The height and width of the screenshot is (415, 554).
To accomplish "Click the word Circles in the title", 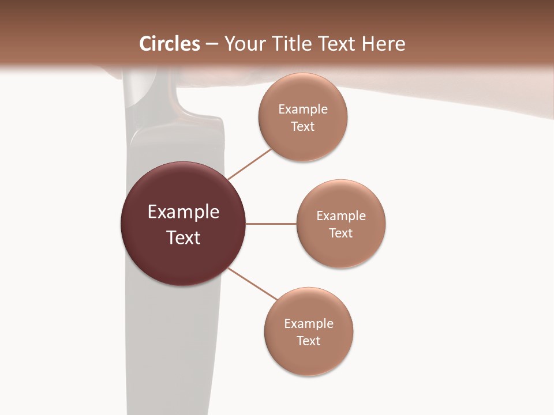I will [169, 44].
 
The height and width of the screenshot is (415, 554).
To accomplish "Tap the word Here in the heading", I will [383, 44].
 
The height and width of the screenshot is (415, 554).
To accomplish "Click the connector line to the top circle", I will [249, 164].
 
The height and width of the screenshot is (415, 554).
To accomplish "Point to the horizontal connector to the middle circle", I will [271, 224].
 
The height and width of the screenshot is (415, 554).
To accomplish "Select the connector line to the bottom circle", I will [253, 284].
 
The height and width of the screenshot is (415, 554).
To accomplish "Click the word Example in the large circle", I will [184, 212].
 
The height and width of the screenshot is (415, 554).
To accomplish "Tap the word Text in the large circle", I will [184, 237].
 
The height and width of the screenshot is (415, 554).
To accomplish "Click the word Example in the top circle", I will [303, 109].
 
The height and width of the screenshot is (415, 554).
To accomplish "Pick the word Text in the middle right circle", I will [340, 233].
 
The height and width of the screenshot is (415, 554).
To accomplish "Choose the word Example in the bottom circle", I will [309, 323].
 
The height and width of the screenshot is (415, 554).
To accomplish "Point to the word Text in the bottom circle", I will [308, 341].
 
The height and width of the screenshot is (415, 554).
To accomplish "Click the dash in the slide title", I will [212, 44].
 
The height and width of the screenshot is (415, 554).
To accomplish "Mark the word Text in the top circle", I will [302, 126].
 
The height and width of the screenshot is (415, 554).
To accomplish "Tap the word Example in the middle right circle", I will [341, 216].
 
